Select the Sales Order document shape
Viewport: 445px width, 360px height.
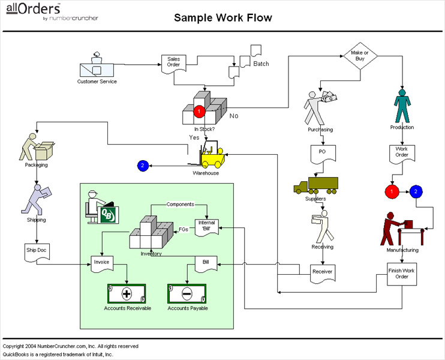(173, 63)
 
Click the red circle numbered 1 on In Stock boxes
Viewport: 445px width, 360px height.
(200, 111)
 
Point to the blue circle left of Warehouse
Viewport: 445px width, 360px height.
(142, 165)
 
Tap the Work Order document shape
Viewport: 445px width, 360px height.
(402, 154)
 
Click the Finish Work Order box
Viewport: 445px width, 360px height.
(402, 274)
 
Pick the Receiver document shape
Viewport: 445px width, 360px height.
(322, 274)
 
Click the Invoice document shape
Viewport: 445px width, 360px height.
(101, 264)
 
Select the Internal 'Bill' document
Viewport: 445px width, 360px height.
(206, 227)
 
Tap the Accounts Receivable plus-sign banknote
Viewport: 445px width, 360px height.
(127, 294)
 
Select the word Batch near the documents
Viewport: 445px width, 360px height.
(261, 64)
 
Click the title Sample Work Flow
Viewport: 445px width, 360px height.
(222, 17)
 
